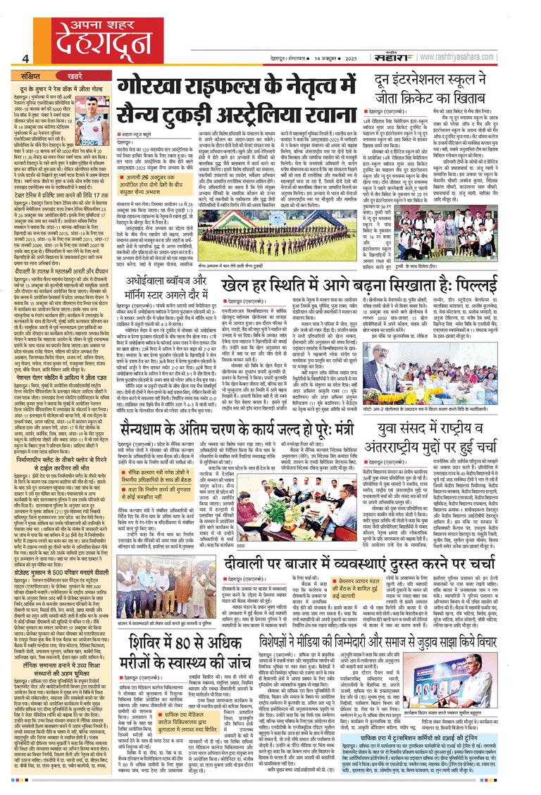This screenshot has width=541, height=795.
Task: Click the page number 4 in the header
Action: pos(25,58)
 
